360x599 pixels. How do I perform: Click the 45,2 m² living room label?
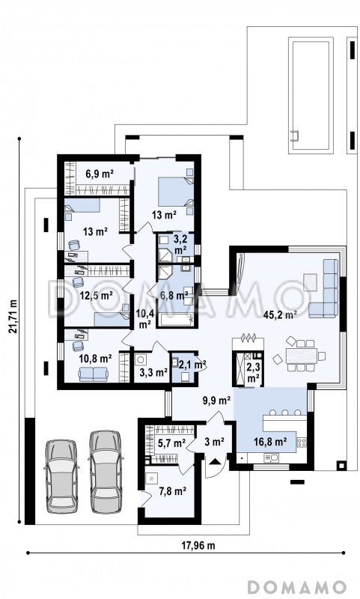(280, 315)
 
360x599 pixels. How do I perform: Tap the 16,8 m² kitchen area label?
(270, 442)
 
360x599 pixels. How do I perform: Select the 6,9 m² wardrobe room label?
(100, 174)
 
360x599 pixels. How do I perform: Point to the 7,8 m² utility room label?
(172, 491)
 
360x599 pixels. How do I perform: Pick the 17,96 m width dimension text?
(198, 545)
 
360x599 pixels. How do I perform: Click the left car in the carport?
(61, 476)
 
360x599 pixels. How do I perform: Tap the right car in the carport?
(106, 472)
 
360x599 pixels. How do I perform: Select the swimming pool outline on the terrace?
(311, 95)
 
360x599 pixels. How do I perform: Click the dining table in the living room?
(302, 355)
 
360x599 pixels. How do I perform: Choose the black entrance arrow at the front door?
(215, 460)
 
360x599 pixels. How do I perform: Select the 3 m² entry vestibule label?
(214, 442)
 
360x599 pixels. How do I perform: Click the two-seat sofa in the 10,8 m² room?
(93, 374)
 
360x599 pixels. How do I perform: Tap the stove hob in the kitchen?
(302, 443)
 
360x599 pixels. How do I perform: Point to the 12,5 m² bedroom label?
(96, 295)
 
